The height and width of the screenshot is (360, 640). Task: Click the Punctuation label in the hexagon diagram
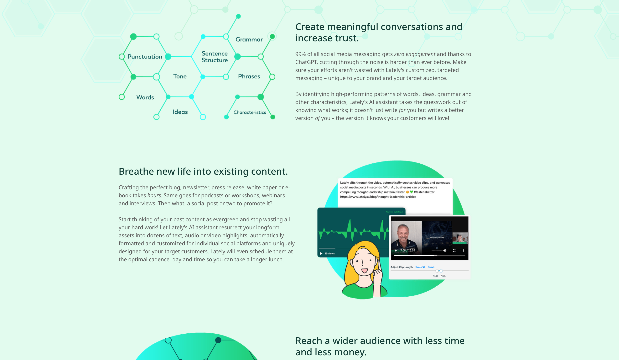(x=145, y=57)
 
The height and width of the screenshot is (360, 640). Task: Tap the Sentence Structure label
(x=215, y=57)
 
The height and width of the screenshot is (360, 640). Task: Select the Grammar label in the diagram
(x=249, y=39)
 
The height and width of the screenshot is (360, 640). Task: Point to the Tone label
(x=180, y=76)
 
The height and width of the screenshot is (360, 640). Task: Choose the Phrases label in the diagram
(x=249, y=76)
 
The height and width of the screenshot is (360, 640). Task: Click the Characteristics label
(x=250, y=112)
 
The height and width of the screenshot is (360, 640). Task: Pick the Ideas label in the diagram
(x=180, y=112)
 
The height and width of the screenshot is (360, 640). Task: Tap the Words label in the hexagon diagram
(x=145, y=97)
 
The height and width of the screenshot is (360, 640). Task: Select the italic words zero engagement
(x=414, y=54)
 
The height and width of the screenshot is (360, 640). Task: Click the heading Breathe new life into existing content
(x=203, y=171)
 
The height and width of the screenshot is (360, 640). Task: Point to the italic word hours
(x=154, y=196)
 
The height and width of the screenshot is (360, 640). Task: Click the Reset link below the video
(x=431, y=267)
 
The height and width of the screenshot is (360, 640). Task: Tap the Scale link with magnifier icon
(x=420, y=267)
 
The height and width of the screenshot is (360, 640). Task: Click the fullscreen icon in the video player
(x=454, y=251)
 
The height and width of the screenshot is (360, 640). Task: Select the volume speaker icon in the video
(x=445, y=251)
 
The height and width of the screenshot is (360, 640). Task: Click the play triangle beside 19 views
(x=321, y=254)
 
